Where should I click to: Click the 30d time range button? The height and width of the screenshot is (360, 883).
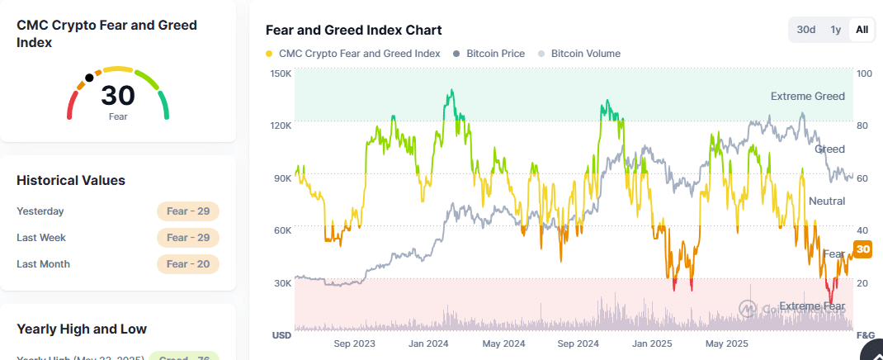pyautogui.click(x=806, y=30)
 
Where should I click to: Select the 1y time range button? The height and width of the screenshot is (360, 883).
pyautogui.click(x=836, y=30)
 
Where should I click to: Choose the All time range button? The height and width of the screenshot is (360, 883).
pyautogui.click(x=862, y=30)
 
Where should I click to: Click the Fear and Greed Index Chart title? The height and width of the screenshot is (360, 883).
pyautogui.click(x=353, y=31)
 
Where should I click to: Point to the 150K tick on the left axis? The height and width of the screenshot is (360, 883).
pyautogui.click(x=281, y=73)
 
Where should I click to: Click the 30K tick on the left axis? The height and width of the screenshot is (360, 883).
pyautogui.click(x=281, y=283)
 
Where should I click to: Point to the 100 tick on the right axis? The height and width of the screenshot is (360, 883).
pyautogui.click(x=864, y=73)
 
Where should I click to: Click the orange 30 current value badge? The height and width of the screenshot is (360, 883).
pyautogui.click(x=863, y=249)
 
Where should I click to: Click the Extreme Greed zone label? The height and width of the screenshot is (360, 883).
pyautogui.click(x=807, y=97)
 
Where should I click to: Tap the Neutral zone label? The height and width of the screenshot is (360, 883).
pyautogui.click(x=826, y=201)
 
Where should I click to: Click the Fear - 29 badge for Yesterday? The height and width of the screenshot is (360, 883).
pyautogui.click(x=187, y=211)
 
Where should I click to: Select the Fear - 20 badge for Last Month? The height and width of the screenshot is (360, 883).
pyautogui.click(x=187, y=264)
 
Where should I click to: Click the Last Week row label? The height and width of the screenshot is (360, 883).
pyautogui.click(x=41, y=238)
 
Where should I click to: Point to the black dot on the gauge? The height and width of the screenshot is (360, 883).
pyautogui.click(x=89, y=78)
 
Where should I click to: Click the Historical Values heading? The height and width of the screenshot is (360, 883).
pyautogui.click(x=71, y=180)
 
